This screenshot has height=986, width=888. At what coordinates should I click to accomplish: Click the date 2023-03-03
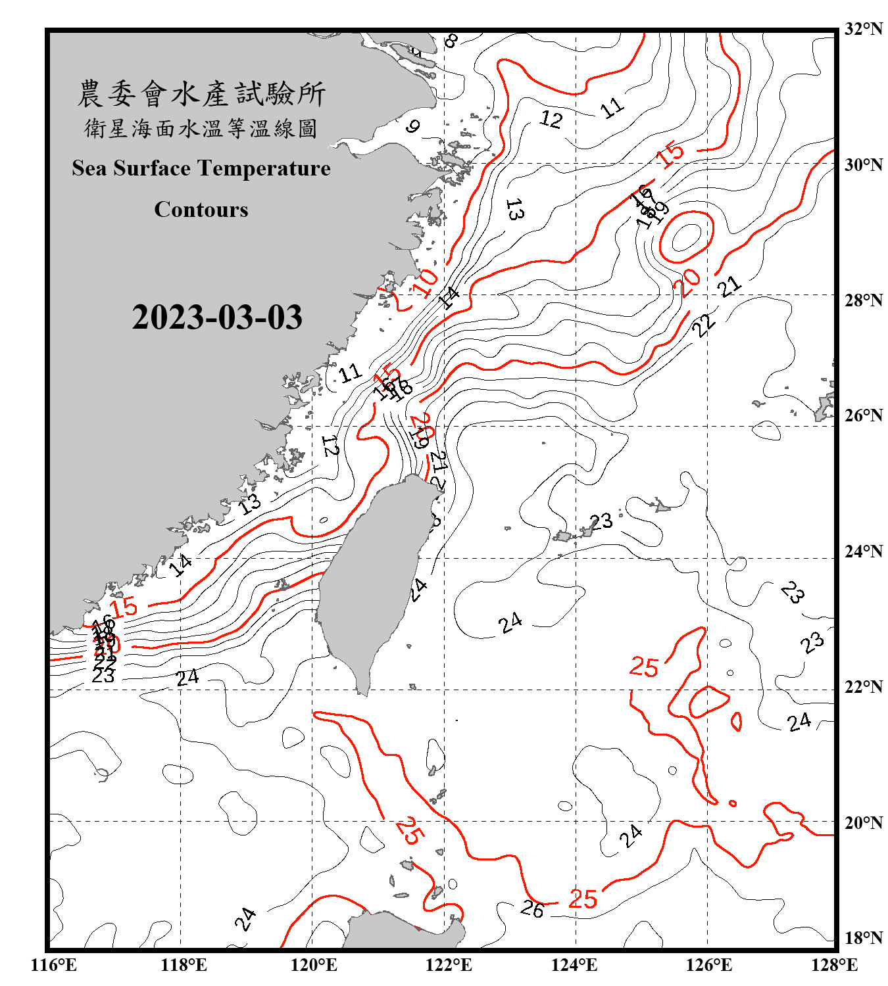(217, 317)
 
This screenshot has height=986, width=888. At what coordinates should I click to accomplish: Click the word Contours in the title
(201, 210)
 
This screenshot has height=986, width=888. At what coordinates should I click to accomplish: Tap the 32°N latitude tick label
(864, 29)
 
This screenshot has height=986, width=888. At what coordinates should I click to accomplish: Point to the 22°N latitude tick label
(864, 687)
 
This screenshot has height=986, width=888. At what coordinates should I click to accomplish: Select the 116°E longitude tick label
(54, 965)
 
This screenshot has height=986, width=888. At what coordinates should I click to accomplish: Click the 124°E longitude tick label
(574, 965)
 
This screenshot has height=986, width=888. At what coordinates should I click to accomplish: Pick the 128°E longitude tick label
(834, 965)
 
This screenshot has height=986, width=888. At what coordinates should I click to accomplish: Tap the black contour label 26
(532, 909)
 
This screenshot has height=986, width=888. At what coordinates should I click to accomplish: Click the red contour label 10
(426, 283)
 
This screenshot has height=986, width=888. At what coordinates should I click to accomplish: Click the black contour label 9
(412, 126)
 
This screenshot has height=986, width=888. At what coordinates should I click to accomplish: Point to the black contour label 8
(451, 41)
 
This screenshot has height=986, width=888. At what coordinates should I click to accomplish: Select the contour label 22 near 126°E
(704, 325)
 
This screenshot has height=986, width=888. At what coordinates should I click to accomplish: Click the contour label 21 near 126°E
(729, 287)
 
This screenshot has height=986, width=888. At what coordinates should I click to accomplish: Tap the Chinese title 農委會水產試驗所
(201, 94)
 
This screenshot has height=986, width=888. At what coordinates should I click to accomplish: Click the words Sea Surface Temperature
(201, 168)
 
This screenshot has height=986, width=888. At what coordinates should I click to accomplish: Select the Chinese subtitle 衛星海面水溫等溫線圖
(201, 128)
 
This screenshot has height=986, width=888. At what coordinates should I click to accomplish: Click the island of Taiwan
(372, 578)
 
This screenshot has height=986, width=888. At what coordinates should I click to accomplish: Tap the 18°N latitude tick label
(864, 938)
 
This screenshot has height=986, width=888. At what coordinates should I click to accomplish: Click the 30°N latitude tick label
(864, 165)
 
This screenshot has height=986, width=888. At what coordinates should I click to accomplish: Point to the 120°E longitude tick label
(314, 965)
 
